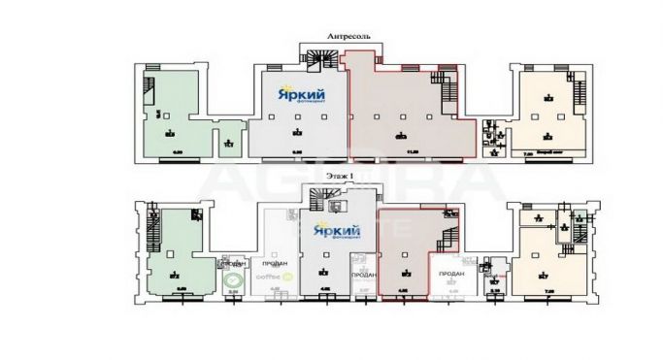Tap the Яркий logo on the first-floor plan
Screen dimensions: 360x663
[x=333, y=231]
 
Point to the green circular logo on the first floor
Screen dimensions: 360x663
[x=232, y=280]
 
